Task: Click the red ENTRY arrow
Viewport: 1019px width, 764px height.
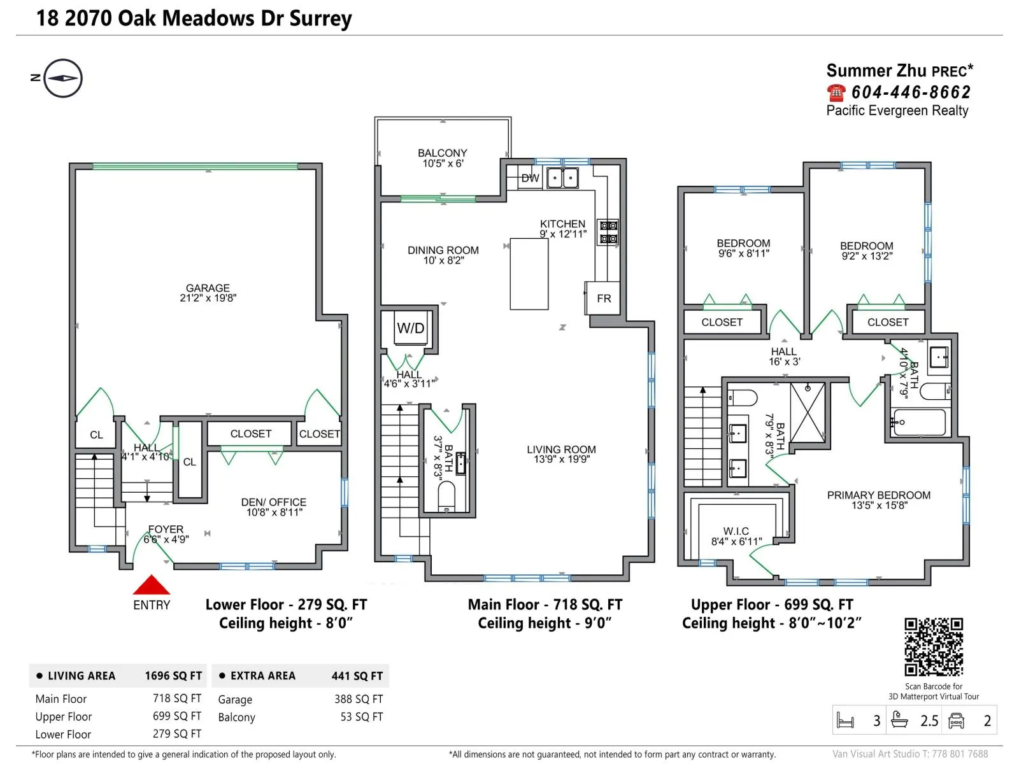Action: pyautogui.click(x=152, y=584)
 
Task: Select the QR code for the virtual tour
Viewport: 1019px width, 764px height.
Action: pyautogui.click(x=934, y=647)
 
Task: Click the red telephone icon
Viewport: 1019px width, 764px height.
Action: pyautogui.click(x=836, y=92)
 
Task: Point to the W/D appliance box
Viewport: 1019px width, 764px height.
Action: pyautogui.click(x=411, y=327)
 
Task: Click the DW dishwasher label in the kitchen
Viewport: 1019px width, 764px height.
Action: pyautogui.click(x=530, y=178)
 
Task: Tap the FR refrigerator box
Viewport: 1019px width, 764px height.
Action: pyautogui.click(x=602, y=298)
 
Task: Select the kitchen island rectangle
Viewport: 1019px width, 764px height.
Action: pyautogui.click(x=529, y=274)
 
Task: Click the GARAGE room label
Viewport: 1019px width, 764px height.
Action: pyautogui.click(x=208, y=288)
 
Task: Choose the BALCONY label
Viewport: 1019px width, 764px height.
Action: pyautogui.click(x=443, y=153)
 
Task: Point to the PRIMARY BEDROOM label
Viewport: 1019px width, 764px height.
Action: pyautogui.click(x=878, y=495)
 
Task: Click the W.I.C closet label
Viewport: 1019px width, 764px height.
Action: pyautogui.click(x=736, y=531)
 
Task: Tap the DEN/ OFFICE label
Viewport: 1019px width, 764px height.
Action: pyautogui.click(x=273, y=502)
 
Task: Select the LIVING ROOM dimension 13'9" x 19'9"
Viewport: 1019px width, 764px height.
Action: pyautogui.click(x=562, y=459)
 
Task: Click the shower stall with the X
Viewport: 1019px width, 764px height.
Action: pyautogui.click(x=808, y=413)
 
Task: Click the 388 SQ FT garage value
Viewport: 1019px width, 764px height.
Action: pyautogui.click(x=359, y=698)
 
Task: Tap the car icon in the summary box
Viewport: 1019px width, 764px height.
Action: pyautogui.click(x=956, y=721)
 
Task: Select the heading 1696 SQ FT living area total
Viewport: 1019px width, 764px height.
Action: pyautogui.click(x=173, y=676)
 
